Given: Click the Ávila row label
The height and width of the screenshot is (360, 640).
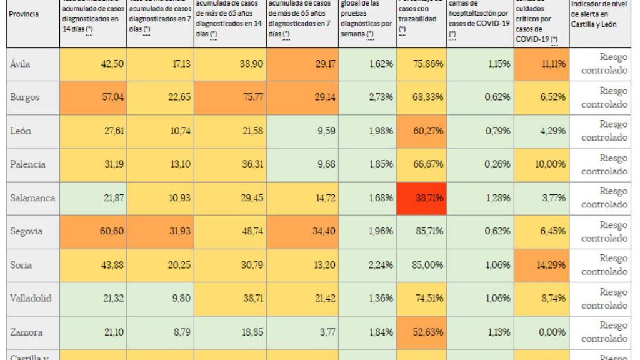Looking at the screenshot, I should (x=21, y=64).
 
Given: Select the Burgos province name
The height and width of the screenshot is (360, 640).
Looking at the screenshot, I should (x=26, y=97).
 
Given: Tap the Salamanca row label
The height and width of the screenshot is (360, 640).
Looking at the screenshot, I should (x=32, y=198).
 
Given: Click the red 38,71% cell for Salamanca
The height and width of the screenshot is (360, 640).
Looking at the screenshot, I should (x=428, y=198).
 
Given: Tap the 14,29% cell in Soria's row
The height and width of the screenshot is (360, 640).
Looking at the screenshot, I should (x=552, y=265).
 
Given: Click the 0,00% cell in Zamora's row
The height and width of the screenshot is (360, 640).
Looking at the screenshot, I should (x=552, y=332).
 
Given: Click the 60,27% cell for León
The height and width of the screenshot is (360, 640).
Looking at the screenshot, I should (x=428, y=131).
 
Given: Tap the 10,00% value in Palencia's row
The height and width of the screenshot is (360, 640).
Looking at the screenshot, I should (x=552, y=164).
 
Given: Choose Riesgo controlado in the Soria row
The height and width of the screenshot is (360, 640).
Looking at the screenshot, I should (x=604, y=265).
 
